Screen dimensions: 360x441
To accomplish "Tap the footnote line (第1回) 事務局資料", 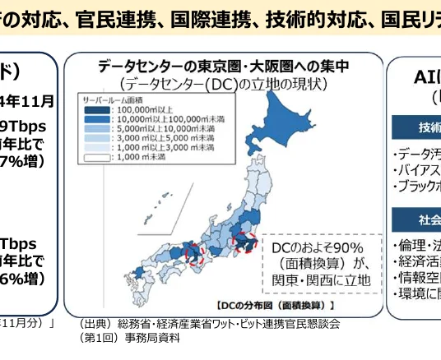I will (x=130, y=337).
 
